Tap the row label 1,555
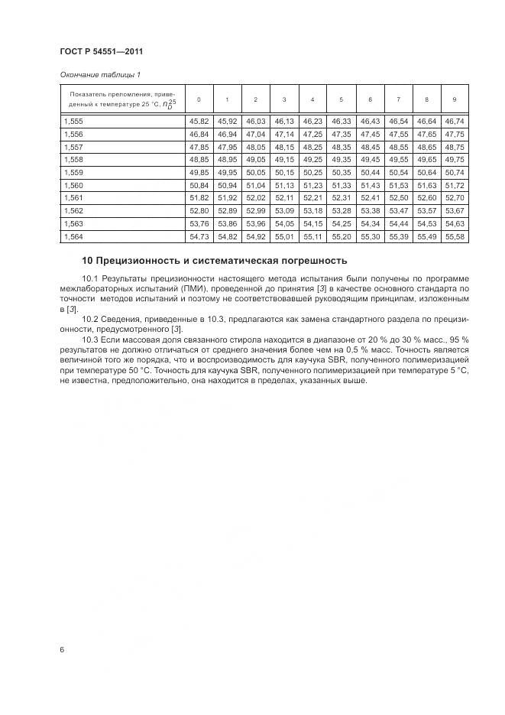pyautogui.click(x=73, y=121)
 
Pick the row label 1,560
pyautogui.click(x=73, y=186)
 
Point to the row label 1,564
pyautogui.click(x=73, y=238)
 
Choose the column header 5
pyautogui.click(x=341, y=99)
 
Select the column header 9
pyautogui.click(x=454, y=99)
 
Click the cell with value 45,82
pyautogui.click(x=198, y=121)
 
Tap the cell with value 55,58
pyautogui.click(x=454, y=238)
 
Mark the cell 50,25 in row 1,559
pyautogui.click(x=312, y=173)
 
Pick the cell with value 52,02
pyautogui.click(x=255, y=199)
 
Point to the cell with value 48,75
pyautogui.click(x=454, y=147)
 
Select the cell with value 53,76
pyautogui.click(x=198, y=225)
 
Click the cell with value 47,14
pyautogui.click(x=284, y=134)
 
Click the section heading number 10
pyautogui.click(x=87, y=262)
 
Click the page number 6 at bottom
pyautogui.click(x=61, y=650)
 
